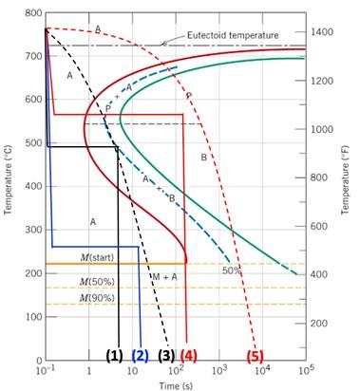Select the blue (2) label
click(141, 356)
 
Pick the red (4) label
click(189, 356)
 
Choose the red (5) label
click(255, 356)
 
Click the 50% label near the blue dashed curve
click(232, 270)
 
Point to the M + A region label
click(165, 275)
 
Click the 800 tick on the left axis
click(33, 13)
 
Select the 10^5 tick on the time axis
click(306, 370)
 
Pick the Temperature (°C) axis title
click(9, 185)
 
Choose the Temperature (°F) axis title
click(352, 185)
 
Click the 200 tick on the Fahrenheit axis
click(322, 323)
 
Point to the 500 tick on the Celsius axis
click(33, 143)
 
